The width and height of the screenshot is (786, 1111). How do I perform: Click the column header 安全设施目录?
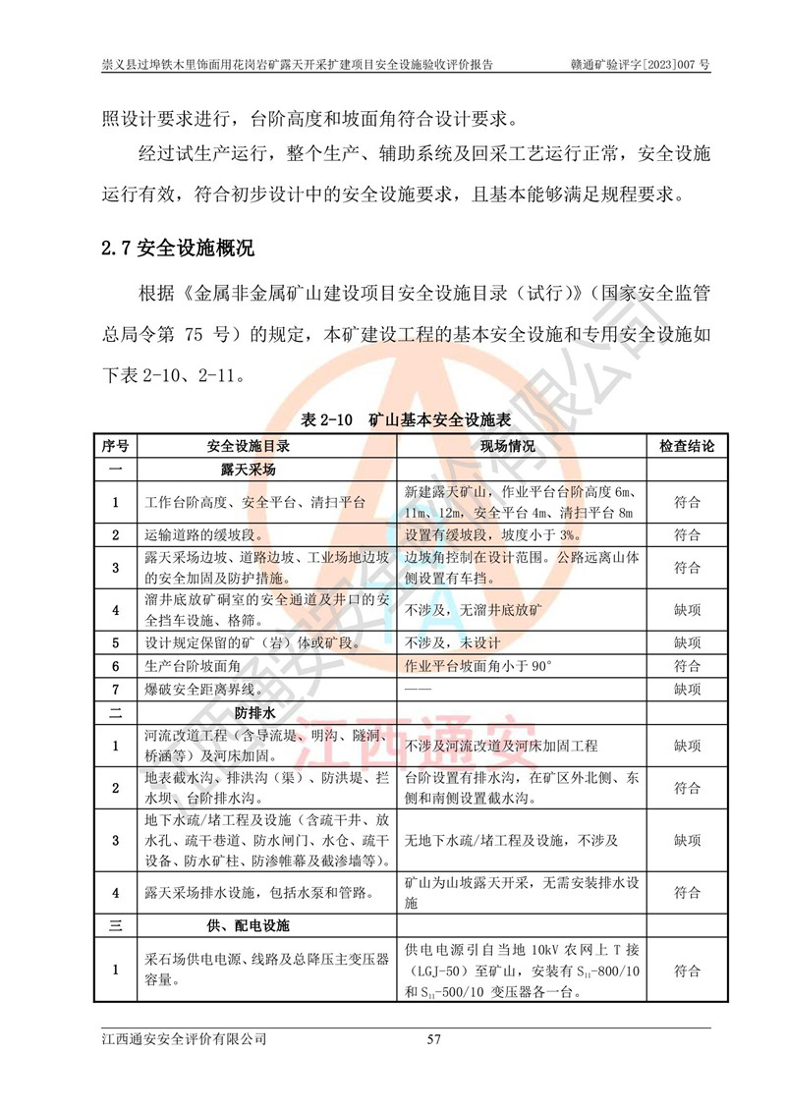[x=254, y=445]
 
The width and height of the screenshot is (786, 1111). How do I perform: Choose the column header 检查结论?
[x=687, y=445]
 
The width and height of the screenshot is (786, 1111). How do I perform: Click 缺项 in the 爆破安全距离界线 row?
[x=687, y=687]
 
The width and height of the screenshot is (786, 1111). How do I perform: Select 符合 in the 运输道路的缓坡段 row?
[x=687, y=535]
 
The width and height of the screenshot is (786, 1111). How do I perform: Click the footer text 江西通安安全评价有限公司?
[x=184, y=1038]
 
